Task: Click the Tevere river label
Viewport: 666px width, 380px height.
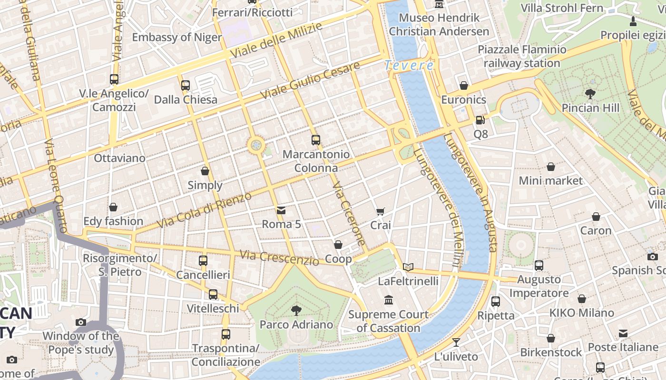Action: [x=409, y=66]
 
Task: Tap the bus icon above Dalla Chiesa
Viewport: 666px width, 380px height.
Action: [x=186, y=85]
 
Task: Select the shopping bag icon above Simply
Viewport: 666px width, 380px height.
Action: [x=205, y=171]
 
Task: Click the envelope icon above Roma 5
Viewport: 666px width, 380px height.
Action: [x=281, y=210]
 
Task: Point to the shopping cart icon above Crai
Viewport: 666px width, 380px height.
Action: [x=380, y=211]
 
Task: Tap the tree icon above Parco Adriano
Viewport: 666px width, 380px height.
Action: [x=296, y=311]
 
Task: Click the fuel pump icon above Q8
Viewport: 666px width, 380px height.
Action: [x=480, y=120]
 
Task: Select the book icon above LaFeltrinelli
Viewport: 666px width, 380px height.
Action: [x=408, y=267]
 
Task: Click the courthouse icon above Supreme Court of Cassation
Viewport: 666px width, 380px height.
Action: [x=389, y=300]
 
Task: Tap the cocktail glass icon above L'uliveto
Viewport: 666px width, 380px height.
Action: [x=456, y=342]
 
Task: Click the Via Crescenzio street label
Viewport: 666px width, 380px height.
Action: [x=279, y=257]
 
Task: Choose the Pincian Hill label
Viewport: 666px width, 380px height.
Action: [x=590, y=108]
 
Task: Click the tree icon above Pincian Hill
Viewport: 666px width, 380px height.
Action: [x=590, y=94]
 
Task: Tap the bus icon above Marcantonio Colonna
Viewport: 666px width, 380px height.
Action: [x=316, y=140]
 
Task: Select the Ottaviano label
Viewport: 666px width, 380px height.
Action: [x=119, y=158]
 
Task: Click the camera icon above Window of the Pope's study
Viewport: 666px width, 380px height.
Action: [x=81, y=322]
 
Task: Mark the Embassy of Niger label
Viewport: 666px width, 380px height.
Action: [x=177, y=37]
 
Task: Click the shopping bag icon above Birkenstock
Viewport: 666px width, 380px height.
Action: [x=551, y=338]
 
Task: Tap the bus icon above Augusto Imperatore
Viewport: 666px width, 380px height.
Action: [x=539, y=266]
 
